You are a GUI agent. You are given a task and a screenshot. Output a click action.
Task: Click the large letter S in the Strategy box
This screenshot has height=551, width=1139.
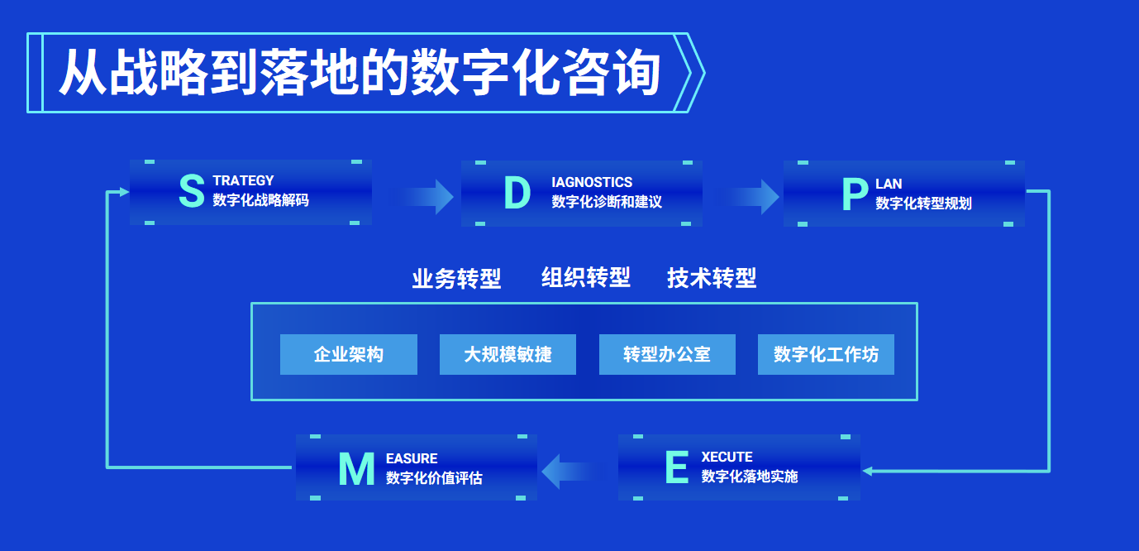click(192, 191)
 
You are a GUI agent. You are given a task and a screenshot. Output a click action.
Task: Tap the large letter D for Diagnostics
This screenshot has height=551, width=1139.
click(517, 193)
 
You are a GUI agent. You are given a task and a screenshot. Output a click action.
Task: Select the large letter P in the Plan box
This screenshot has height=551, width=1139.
click(855, 194)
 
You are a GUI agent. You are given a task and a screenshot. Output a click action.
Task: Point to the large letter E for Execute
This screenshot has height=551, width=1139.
click(677, 467)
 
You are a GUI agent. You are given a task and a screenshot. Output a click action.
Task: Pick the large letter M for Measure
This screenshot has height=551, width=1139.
click(356, 469)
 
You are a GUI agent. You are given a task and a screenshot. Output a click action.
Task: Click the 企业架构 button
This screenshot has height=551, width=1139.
click(349, 355)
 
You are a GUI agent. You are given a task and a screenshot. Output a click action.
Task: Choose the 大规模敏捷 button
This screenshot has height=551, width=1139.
click(508, 355)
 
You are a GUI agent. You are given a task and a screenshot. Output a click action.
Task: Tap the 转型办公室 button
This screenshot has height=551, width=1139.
click(667, 355)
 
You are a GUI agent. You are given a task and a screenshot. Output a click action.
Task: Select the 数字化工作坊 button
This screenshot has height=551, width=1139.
click(827, 355)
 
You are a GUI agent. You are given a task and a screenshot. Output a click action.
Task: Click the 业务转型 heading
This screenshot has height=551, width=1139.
click(456, 279)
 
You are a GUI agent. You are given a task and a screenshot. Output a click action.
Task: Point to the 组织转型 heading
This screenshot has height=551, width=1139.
click(586, 278)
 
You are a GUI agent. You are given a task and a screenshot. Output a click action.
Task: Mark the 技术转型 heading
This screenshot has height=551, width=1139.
click(712, 278)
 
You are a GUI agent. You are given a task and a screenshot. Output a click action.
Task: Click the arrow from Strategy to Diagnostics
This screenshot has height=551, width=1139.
click(422, 196)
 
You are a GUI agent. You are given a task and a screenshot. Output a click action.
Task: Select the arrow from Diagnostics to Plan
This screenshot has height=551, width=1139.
click(747, 197)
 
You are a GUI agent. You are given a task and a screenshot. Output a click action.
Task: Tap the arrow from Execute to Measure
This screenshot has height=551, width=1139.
click(574, 471)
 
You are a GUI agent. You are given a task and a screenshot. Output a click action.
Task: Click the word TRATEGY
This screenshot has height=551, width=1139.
click(243, 180)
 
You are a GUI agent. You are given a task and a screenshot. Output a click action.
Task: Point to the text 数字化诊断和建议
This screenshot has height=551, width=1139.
click(607, 202)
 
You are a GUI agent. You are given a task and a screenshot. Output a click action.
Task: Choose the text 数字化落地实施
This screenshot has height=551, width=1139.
click(750, 477)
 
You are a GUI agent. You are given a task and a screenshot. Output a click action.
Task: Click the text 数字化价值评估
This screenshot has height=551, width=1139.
click(434, 478)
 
